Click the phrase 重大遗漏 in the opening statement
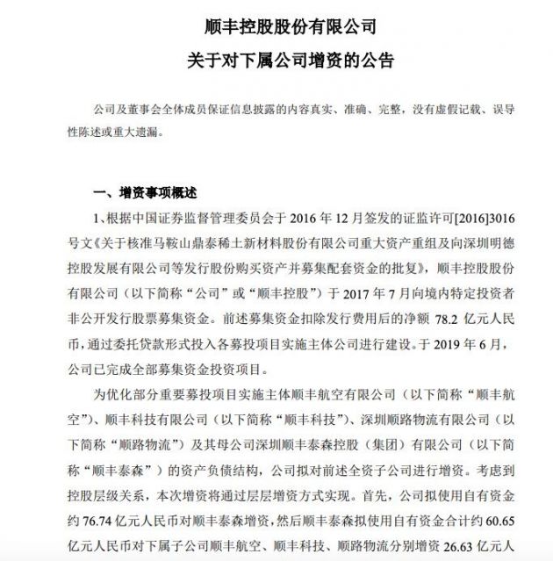pos(150,138)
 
